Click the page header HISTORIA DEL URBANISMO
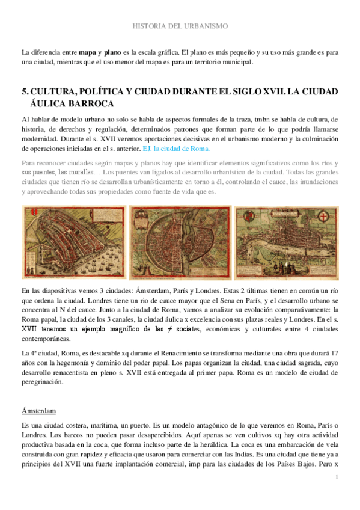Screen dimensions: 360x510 [180, 26]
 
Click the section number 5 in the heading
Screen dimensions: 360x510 [24, 91]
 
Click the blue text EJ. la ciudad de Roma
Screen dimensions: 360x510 [176, 148]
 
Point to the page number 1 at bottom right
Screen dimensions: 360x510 [338, 477]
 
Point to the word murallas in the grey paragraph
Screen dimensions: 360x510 [77, 174]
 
